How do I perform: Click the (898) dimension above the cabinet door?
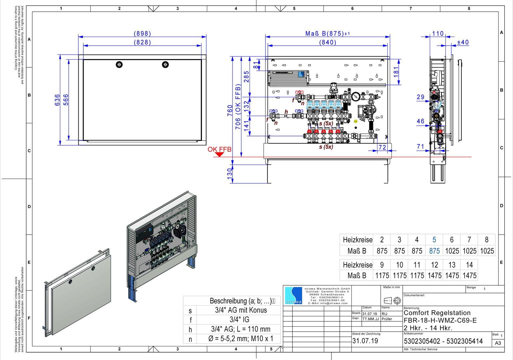(x=142, y=34)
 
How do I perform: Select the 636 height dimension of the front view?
(x=57, y=100)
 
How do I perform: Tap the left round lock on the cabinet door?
(x=119, y=65)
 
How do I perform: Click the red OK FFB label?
(x=219, y=149)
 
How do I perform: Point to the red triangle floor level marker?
(x=219, y=155)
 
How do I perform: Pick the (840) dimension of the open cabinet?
(x=328, y=42)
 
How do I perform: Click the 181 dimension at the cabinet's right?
(x=396, y=72)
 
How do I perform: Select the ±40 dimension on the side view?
(x=463, y=42)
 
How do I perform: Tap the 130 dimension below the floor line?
(x=230, y=174)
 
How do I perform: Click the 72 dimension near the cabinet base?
(x=382, y=147)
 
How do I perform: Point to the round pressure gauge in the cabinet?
(x=355, y=97)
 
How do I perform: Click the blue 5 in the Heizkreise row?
(x=434, y=240)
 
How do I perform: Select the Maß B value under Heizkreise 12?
(x=434, y=276)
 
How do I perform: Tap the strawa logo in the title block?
(x=293, y=295)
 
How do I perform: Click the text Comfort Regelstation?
(x=437, y=313)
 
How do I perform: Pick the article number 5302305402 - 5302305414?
(x=443, y=341)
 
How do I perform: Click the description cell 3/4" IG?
(x=239, y=320)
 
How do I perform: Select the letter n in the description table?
(x=190, y=339)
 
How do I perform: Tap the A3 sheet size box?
(x=498, y=343)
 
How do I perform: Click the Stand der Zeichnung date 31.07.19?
(x=365, y=341)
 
